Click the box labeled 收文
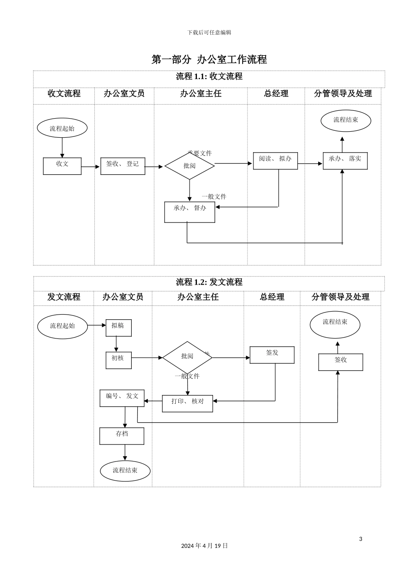coord(62,166)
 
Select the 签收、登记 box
coord(123,166)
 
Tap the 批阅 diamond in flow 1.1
coord(190,166)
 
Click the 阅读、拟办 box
coord(275,161)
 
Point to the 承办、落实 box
coord(345,161)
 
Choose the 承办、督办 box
coord(190,212)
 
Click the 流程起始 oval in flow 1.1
coord(62,128)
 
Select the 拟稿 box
coord(118,328)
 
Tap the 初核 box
coord(118,360)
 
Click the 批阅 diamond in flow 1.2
coord(187,357)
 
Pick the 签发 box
coord(272,355)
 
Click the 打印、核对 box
coord(187,404)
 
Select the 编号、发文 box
coord(122,398)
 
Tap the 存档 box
coord(122,436)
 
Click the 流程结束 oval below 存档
coord(125,471)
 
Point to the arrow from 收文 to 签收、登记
coord(90,166)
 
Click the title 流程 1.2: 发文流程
coord(209,282)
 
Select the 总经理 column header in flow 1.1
coord(276,93)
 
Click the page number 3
coord(360,539)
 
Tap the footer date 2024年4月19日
coord(204,546)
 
